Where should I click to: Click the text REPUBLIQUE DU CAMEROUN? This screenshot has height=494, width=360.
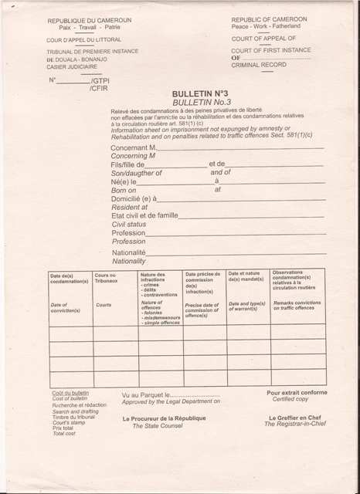[x=90, y=21]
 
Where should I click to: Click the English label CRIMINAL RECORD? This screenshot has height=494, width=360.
[x=258, y=66]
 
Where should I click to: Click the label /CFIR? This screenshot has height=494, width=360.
[x=100, y=89]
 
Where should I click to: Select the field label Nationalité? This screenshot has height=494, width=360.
[x=129, y=252]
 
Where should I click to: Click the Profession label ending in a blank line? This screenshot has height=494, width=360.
[x=128, y=232]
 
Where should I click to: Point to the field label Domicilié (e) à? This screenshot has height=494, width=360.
[x=134, y=198]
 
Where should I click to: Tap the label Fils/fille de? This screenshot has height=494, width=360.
[x=128, y=164]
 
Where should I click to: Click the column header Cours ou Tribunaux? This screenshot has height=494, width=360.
[x=106, y=278]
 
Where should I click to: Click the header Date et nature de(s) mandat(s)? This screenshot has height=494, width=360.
[x=246, y=276]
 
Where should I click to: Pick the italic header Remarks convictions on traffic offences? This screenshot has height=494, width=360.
[x=297, y=306]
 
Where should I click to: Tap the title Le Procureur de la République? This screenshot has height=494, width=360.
[x=164, y=418]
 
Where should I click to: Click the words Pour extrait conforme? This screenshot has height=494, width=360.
[x=297, y=393]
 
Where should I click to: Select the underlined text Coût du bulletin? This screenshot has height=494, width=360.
[x=71, y=393]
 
